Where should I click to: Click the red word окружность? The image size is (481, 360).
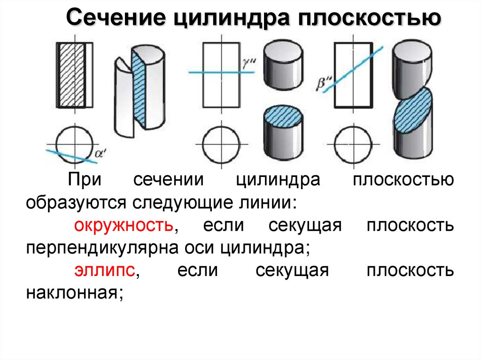pyautogui.click(x=124, y=226)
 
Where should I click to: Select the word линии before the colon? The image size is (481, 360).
pyautogui.click(x=269, y=203)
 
